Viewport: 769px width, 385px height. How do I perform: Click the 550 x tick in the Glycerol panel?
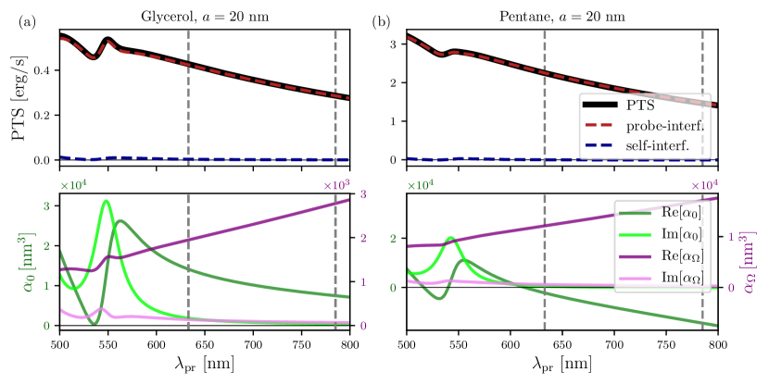coord(108,342)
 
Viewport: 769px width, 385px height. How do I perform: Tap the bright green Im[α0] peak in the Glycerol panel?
coord(106,201)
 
